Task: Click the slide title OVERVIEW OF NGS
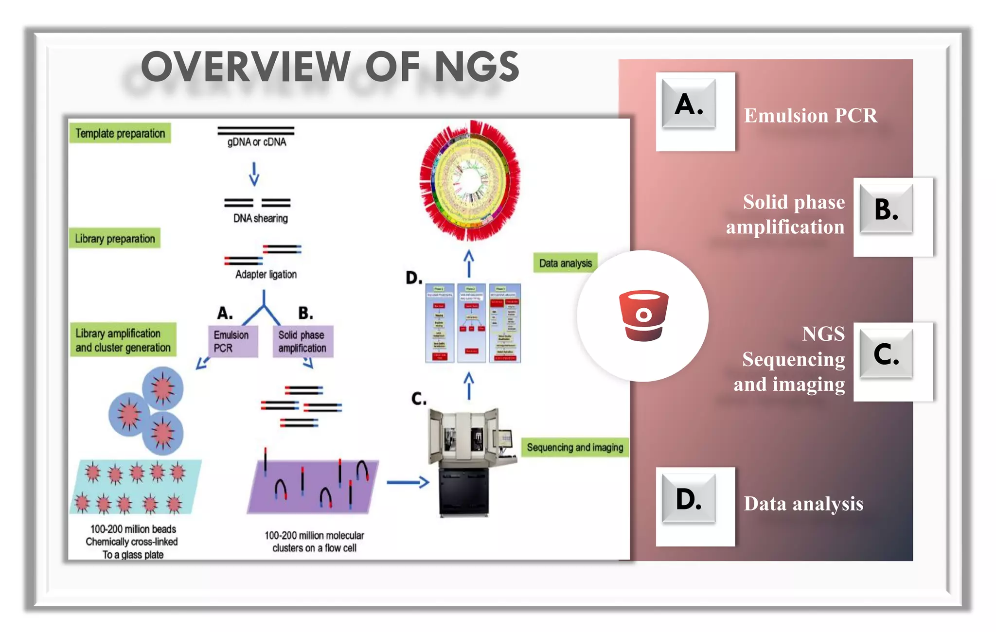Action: coord(330,67)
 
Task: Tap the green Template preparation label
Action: coord(120,133)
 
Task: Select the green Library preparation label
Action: coord(115,239)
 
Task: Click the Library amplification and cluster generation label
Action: coord(123,340)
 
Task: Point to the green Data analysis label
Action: coord(565,263)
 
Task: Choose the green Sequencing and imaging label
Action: coord(575,447)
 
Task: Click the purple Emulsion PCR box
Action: coord(232,341)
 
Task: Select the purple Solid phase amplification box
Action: coord(302,341)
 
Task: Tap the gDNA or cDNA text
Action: coord(256,142)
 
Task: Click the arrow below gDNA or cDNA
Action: coord(254,174)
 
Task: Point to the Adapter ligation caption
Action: coord(266,274)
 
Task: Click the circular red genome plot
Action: coord(470,181)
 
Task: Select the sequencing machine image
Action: coord(469,462)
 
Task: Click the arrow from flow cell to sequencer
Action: coord(408,482)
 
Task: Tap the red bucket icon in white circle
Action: coord(643,316)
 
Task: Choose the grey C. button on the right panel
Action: coord(886,354)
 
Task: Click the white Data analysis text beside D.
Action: coord(803,504)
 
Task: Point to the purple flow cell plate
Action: coord(313,486)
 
